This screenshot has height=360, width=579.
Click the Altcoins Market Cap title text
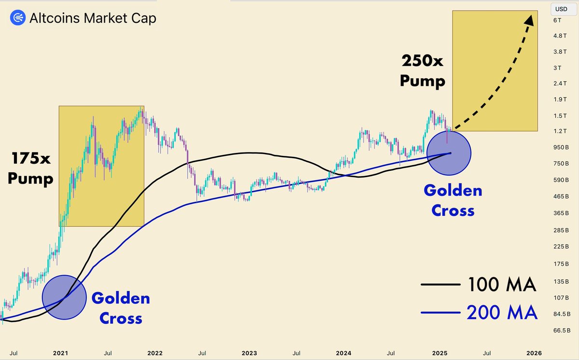(x=93, y=18)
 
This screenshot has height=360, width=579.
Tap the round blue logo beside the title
(x=18, y=18)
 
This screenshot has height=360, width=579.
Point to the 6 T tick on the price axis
(x=558, y=20)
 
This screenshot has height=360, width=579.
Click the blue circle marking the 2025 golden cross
(x=449, y=152)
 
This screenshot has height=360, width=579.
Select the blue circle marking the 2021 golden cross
(x=64, y=297)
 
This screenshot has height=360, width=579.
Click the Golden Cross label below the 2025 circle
(x=453, y=200)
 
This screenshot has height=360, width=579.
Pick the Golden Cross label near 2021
(x=120, y=308)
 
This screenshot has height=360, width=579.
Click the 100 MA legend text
(x=502, y=285)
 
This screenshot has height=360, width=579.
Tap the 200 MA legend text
(x=502, y=313)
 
